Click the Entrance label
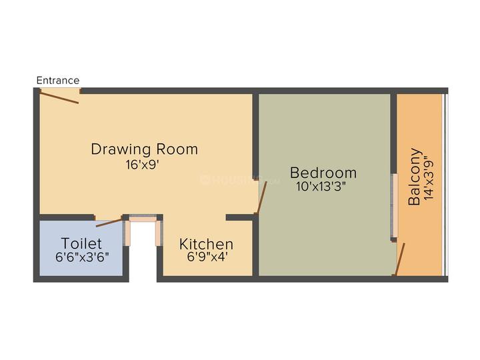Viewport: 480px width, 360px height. [x=58, y=81]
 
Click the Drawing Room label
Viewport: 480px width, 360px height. [x=145, y=149]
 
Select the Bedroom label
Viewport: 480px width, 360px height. [x=323, y=173]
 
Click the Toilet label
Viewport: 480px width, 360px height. [x=81, y=243]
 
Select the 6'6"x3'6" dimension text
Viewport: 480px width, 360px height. [x=82, y=256]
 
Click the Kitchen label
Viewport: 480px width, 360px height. [x=206, y=244]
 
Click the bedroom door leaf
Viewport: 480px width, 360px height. [x=263, y=198]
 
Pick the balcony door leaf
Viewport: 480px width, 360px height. [x=400, y=259]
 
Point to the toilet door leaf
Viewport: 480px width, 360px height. [x=109, y=222]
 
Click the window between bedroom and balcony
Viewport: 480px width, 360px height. [x=394, y=207]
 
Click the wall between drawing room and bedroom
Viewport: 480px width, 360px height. [x=255, y=133]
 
